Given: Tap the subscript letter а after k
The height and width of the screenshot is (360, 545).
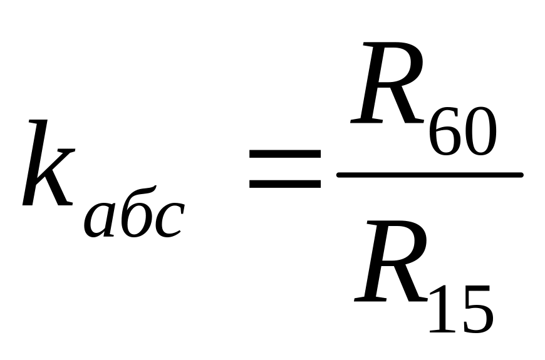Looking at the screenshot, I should pyautogui.click(x=101, y=220).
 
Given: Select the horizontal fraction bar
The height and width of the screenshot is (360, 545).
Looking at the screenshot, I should pyautogui.click(x=429, y=175).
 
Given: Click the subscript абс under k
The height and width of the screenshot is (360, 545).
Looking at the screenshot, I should pyautogui.click(x=133, y=216).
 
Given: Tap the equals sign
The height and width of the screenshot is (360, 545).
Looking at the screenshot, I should pyautogui.click(x=284, y=169).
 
